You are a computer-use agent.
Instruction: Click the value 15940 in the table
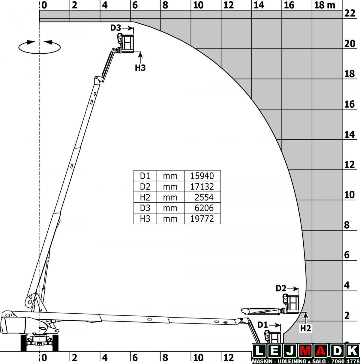click(202, 176)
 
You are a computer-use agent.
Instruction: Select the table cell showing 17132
click(202, 186)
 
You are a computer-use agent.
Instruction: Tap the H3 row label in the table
click(145, 219)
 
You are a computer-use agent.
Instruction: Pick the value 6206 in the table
click(204, 208)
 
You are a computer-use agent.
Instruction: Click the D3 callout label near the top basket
click(115, 28)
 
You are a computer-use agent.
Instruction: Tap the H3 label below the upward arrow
click(140, 68)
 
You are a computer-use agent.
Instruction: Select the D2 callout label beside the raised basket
click(281, 288)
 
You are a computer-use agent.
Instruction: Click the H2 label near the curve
click(306, 329)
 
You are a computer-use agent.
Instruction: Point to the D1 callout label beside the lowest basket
click(262, 325)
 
